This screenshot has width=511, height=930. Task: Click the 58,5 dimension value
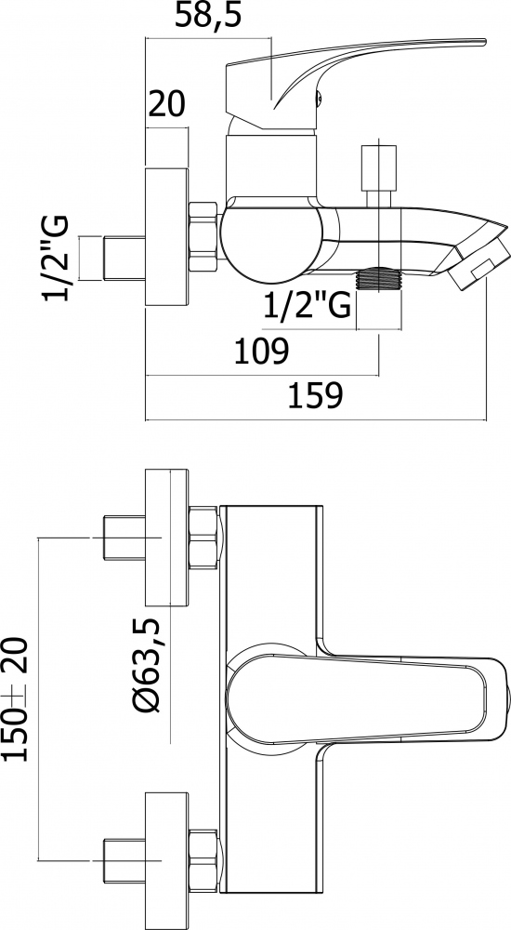(x=208, y=17)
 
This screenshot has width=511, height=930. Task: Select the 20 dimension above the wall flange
(x=166, y=104)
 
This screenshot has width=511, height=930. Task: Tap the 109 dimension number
(x=261, y=352)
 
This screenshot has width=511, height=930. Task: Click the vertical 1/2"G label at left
(x=55, y=259)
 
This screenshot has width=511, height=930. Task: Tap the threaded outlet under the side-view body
(x=379, y=280)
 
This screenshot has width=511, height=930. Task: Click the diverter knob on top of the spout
(x=379, y=175)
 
